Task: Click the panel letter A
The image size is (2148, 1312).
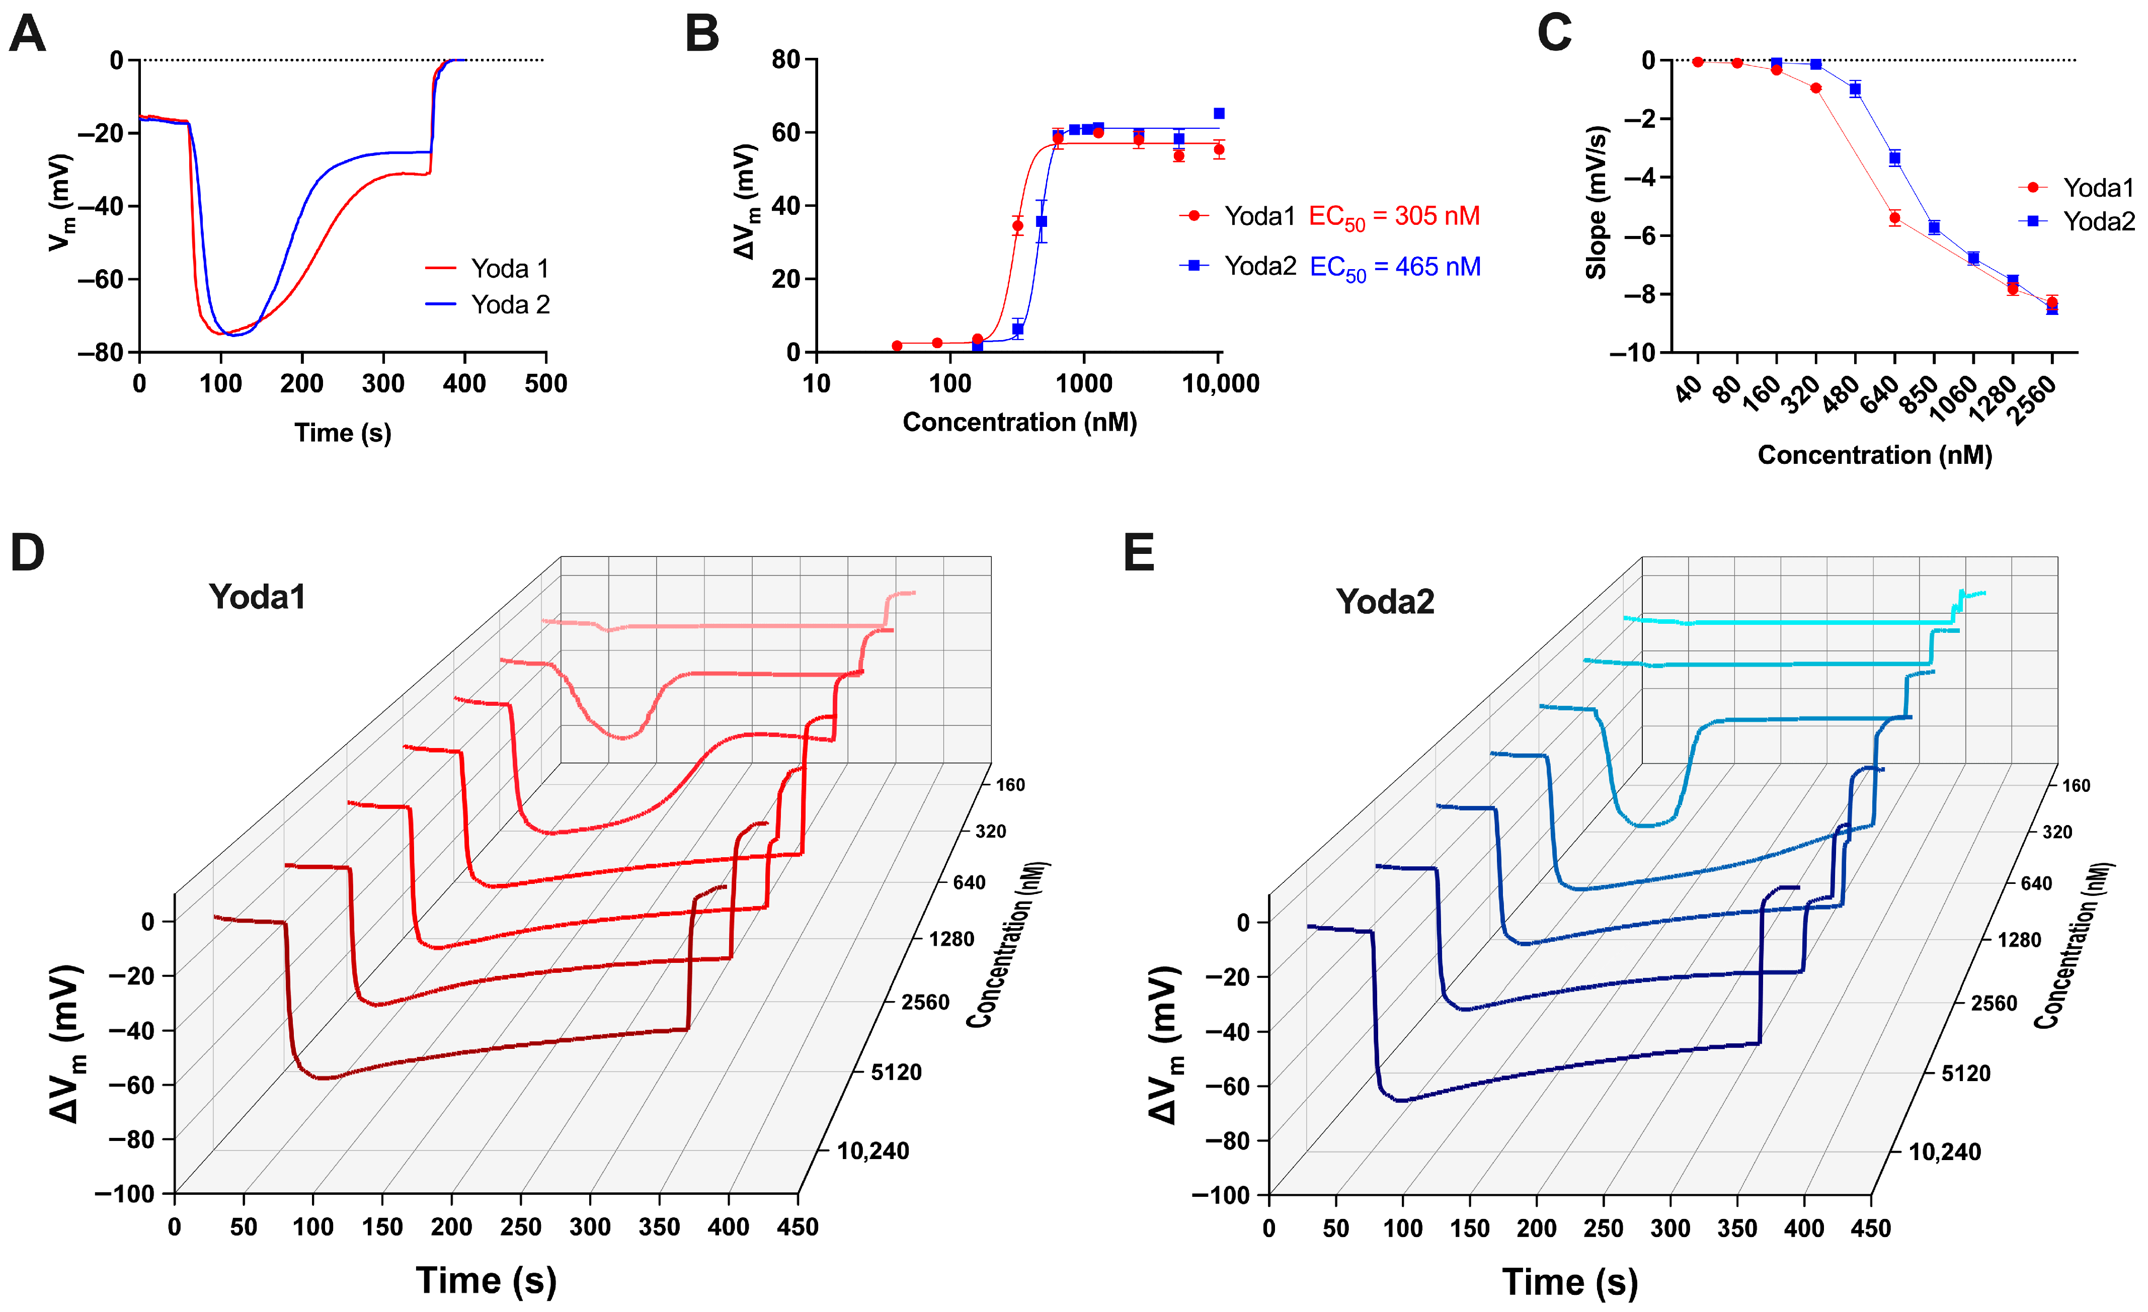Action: coord(27,35)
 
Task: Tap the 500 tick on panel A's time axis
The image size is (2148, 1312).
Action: coord(546,383)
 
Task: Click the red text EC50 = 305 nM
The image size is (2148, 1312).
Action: coord(1394,216)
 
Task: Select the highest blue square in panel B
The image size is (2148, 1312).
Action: coord(1219,113)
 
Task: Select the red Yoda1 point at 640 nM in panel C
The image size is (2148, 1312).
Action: coord(1894,218)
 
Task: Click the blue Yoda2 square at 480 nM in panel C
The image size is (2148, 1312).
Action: coord(1855,89)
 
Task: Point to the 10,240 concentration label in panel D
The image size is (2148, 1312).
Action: coord(872,1152)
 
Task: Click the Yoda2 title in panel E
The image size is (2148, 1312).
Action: coord(1384,602)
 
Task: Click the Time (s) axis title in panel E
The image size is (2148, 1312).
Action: coord(1569,1281)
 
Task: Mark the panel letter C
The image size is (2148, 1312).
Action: coord(1554,35)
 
